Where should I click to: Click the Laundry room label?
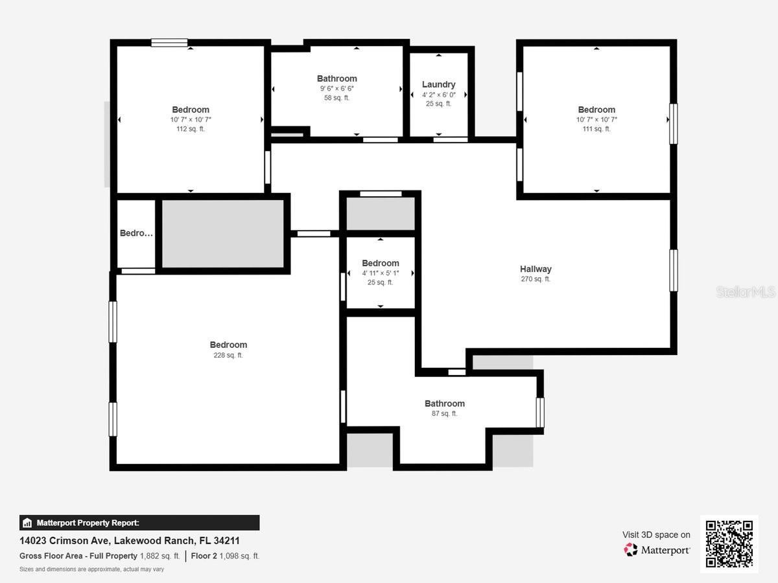438,84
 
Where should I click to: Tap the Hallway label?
536,269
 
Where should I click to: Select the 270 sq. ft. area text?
536,279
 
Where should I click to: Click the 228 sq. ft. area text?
228,355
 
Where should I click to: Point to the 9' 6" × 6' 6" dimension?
336,89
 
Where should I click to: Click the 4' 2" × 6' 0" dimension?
438,95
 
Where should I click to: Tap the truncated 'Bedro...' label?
136,233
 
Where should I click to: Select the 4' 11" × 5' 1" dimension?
380,273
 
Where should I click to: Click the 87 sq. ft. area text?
445,413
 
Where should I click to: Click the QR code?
729,543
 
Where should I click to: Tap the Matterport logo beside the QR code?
657,550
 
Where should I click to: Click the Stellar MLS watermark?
746,292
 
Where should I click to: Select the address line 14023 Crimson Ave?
130,540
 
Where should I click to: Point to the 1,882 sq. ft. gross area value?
160,556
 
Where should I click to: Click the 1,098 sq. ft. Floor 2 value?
239,556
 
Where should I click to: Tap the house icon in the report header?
27,523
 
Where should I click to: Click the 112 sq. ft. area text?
191,129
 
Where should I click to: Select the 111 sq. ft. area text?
596,129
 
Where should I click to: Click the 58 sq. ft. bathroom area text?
336,98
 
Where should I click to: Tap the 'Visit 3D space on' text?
656,534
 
